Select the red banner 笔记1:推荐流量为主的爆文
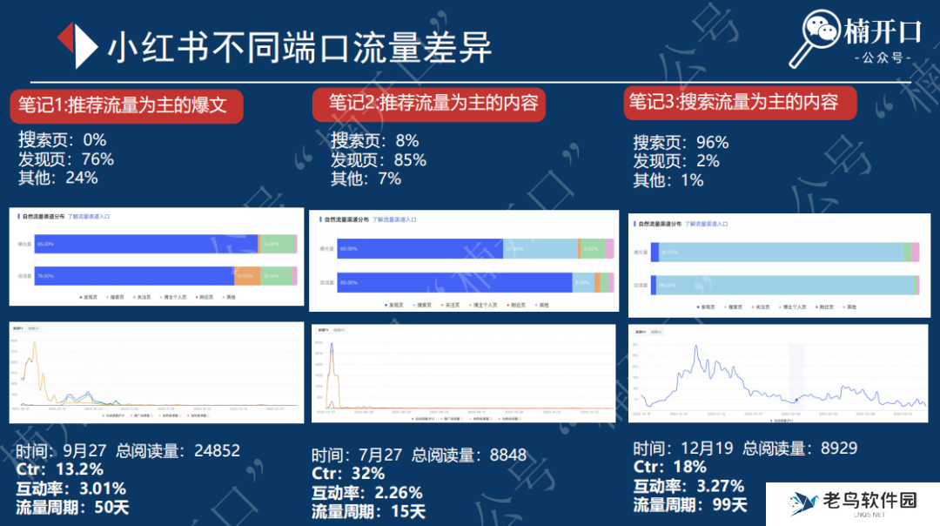coord(123,106)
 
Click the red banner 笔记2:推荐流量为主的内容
coord(433,105)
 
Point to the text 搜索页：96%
coord(681,143)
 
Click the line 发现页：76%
coord(66,158)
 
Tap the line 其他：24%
coord(57,177)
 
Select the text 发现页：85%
coord(379,160)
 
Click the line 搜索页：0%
coord(62,140)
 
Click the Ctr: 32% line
coord(348,474)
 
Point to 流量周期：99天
coord(689,505)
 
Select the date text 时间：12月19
coord(681,448)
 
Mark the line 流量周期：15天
coord(369,512)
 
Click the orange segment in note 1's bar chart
coord(247,277)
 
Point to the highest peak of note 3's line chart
coord(696,347)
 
